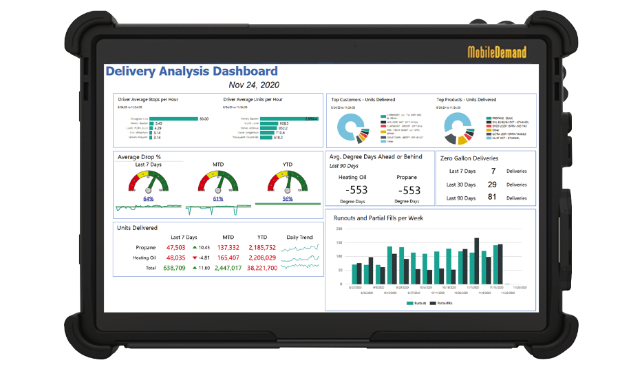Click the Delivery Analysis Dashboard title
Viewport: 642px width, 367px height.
pyautogui.click(x=191, y=71)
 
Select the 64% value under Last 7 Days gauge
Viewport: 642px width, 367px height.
pyautogui.click(x=149, y=198)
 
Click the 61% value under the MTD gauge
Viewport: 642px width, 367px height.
pyautogui.click(x=218, y=198)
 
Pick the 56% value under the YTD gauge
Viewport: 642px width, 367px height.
pyautogui.click(x=288, y=198)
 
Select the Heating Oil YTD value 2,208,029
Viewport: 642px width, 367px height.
pyautogui.click(x=262, y=258)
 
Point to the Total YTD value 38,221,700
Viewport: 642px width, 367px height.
pyautogui.click(x=262, y=268)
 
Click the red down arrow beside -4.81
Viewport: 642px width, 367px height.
pyautogui.click(x=195, y=258)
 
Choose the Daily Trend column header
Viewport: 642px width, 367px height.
pyautogui.click(x=299, y=238)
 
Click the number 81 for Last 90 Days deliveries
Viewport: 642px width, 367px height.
pyautogui.click(x=492, y=198)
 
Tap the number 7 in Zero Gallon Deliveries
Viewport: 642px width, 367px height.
pyautogui.click(x=493, y=171)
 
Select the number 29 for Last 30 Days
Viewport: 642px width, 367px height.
pyautogui.click(x=492, y=185)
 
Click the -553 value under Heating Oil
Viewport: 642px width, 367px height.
pyautogui.click(x=356, y=189)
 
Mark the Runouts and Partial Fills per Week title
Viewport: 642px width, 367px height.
pyautogui.click(x=378, y=218)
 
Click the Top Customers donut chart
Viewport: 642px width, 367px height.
pyautogui.click(x=352, y=127)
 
